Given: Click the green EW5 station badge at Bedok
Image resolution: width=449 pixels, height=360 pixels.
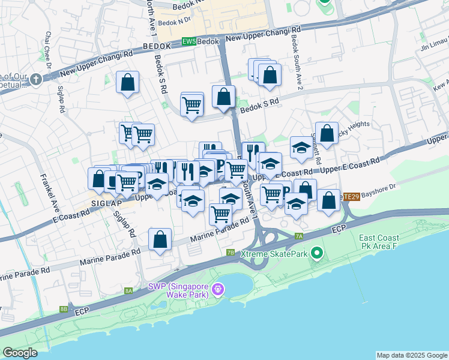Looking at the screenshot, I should (x=189, y=42).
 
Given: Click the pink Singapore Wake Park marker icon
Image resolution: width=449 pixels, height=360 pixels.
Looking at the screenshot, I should (x=217, y=289).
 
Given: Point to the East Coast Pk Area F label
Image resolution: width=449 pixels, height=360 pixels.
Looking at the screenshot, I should (x=378, y=242).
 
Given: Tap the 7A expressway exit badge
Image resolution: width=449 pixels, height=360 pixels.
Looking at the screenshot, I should (x=299, y=236).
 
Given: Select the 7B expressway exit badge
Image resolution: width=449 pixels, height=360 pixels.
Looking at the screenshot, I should (x=231, y=253).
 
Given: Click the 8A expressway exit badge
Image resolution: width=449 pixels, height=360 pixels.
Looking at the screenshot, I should (x=128, y=290).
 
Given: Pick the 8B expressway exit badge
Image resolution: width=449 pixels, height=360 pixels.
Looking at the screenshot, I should (x=64, y=309).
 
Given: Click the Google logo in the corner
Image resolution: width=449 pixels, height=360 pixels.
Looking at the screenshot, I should (x=20, y=353).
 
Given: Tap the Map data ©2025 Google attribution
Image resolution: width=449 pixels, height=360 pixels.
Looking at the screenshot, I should (x=411, y=355).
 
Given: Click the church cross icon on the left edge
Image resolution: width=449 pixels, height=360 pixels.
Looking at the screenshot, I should (x=35, y=79).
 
